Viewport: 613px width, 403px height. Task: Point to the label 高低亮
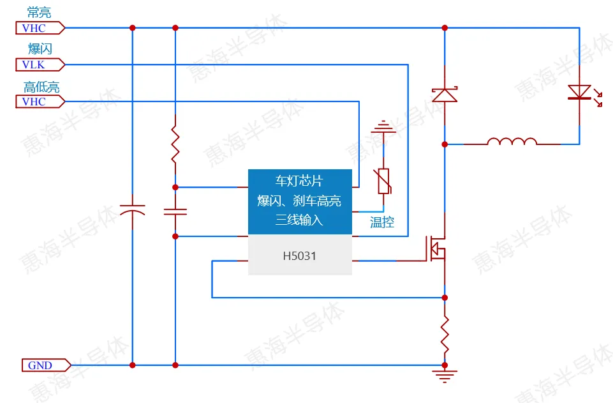pos(41,87)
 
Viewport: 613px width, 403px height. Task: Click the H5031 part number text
pos(300,256)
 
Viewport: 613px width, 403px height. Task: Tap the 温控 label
pos(382,223)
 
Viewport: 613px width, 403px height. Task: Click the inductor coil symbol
pos(512,142)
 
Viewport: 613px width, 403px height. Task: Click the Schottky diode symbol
pos(445,95)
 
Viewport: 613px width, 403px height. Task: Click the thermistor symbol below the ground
pos(383,181)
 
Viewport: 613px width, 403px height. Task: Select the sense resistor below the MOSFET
pos(445,332)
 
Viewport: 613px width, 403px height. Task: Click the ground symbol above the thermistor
pos(383,128)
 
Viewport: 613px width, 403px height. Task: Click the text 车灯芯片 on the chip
pos(300,181)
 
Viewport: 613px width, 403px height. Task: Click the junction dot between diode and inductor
pos(445,144)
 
